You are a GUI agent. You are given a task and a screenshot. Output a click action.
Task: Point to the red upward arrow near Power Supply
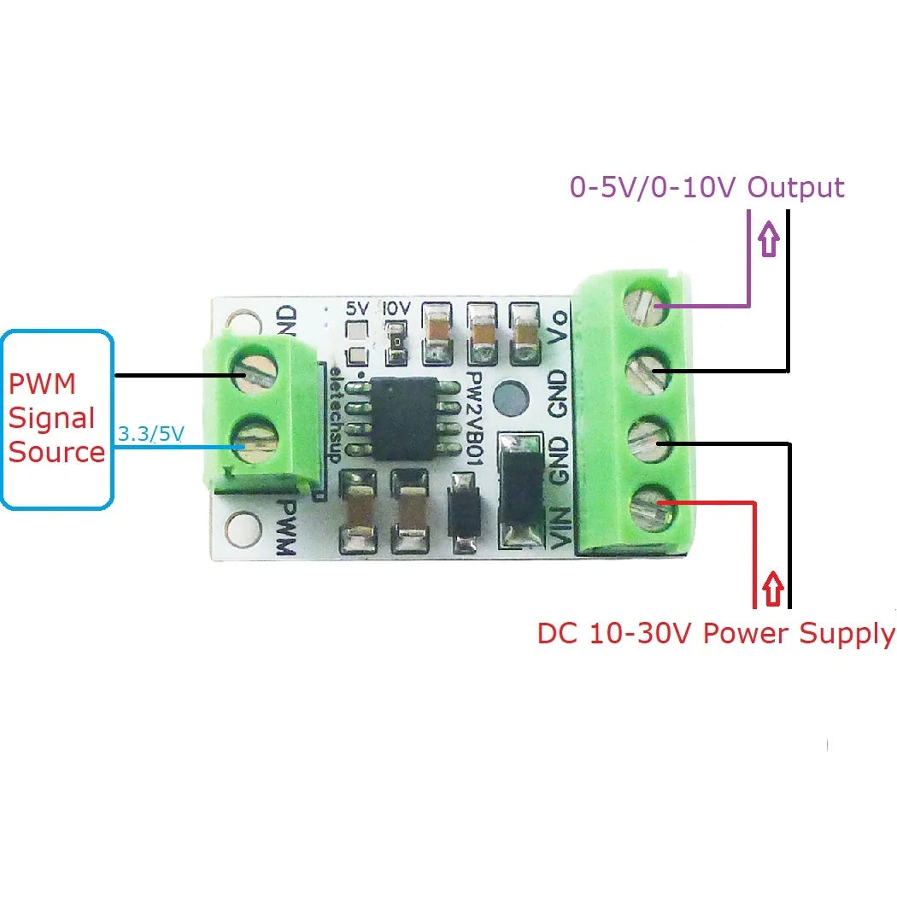(x=773, y=589)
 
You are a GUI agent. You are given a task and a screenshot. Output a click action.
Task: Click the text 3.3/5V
(x=150, y=434)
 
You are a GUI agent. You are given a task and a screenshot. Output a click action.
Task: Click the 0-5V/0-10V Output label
(x=706, y=187)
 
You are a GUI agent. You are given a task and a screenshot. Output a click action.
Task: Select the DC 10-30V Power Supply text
(x=716, y=634)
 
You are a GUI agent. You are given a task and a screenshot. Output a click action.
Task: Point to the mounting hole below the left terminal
(x=243, y=529)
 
